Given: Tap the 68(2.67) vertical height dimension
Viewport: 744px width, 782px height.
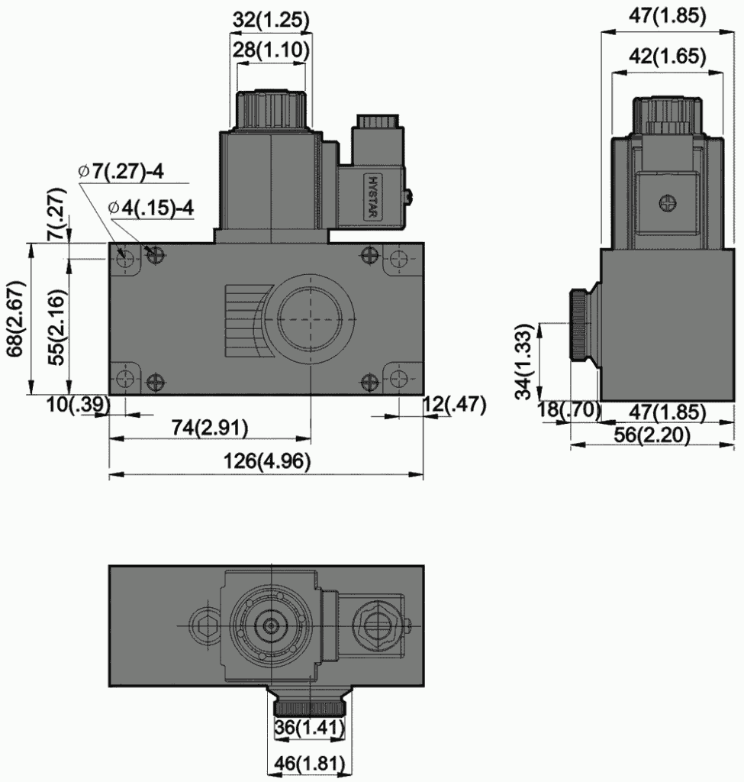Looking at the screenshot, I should pyautogui.click(x=16, y=318).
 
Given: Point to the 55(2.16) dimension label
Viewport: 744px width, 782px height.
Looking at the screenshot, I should pyautogui.click(x=55, y=318).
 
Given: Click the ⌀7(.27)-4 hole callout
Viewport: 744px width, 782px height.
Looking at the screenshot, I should pyautogui.click(x=121, y=171).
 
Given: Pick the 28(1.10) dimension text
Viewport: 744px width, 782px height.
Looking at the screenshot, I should pyautogui.click(x=271, y=50).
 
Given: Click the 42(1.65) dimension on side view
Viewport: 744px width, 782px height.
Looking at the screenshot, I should pyautogui.click(x=668, y=57).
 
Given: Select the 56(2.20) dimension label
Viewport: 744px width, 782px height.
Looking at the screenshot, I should pyautogui.click(x=653, y=435).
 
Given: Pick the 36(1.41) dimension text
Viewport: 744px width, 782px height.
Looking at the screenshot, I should pyautogui.click(x=308, y=729).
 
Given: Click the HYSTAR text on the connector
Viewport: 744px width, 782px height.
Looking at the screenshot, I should pyautogui.click(x=373, y=196).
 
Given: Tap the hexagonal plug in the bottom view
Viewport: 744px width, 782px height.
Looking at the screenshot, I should pyautogui.click(x=205, y=625).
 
